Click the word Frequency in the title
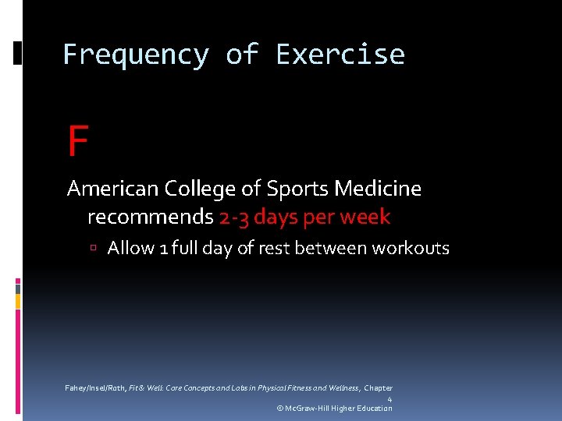pyautogui.click(x=136, y=55)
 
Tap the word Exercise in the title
pyautogui.click(x=340, y=55)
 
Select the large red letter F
pyautogui.click(x=77, y=142)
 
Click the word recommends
pyautogui.click(x=150, y=217)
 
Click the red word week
pyautogui.click(x=365, y=217)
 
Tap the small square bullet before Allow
pyautogui.click(x=93, y=249)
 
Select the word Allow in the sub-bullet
pyautogui.click(x=130, y=248)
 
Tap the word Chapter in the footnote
pyautogui.click(x=379, y=388)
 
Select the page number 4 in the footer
pyautogui.click(x=389, y=399)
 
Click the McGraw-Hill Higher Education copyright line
pyautogui.click(x=334, y=409)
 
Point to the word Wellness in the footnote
pyautogui.click(x=338, y=388)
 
